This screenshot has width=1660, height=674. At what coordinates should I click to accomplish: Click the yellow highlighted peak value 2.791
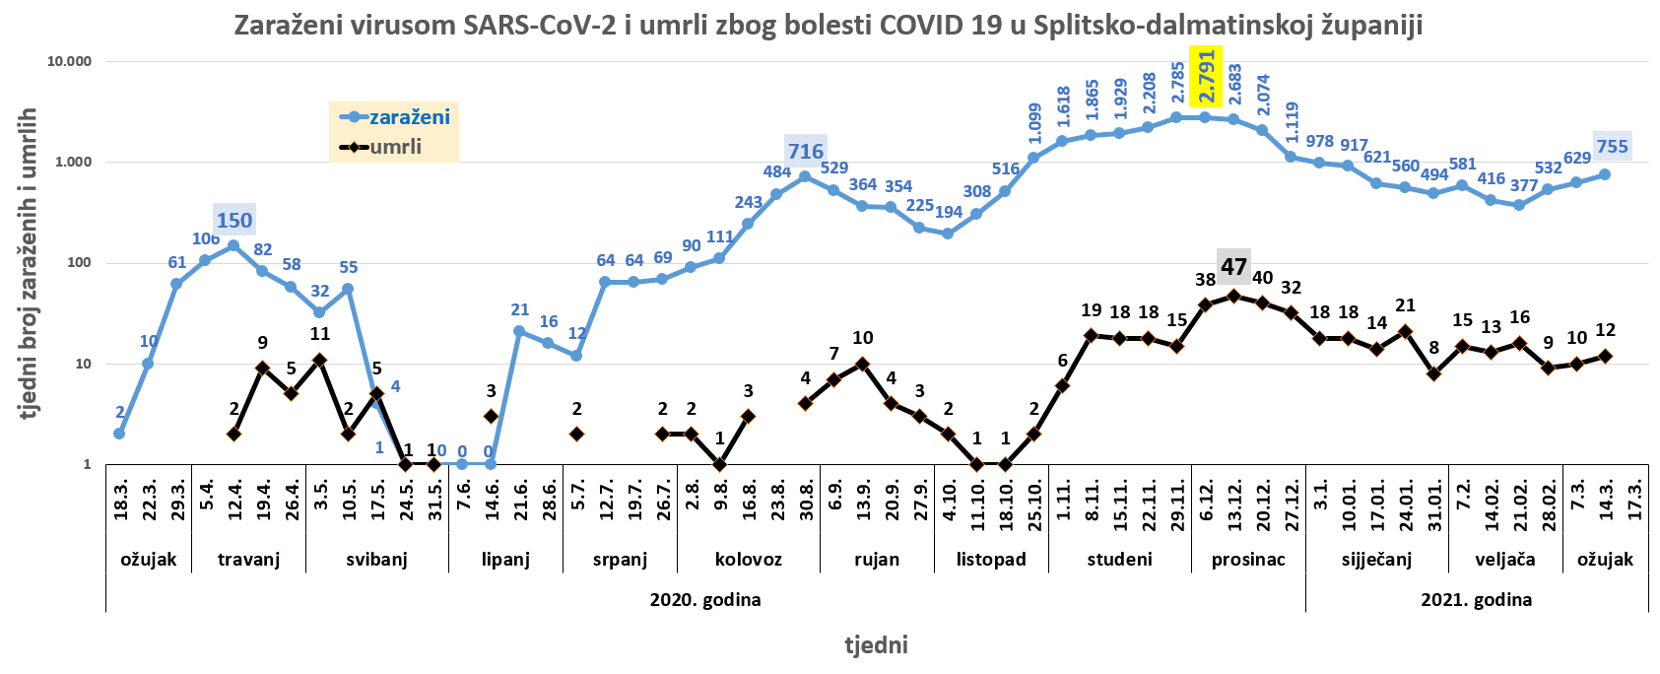[1206, 76]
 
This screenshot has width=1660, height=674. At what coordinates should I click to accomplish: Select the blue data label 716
[805, 151]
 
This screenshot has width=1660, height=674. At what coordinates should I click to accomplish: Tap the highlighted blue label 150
[234, 220]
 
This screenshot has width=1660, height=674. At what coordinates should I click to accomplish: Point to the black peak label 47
[1233, 266]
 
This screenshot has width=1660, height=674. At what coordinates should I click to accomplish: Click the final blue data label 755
[1612, 147]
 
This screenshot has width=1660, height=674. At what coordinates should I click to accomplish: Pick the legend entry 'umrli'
[395, 147]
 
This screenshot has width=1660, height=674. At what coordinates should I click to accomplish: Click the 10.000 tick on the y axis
[69, 61]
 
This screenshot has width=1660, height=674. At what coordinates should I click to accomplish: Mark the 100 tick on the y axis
[78, 263]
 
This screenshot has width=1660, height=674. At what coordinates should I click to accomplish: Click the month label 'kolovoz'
[748, 559]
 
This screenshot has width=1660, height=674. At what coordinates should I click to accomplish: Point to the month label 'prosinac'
[1248, 559]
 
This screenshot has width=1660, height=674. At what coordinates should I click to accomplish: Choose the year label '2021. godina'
[1476, 599]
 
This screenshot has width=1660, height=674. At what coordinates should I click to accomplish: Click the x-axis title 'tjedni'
[876, 644]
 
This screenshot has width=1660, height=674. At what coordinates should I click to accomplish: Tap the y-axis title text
[29, 263]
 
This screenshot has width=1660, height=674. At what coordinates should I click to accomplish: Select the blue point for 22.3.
[148, 364]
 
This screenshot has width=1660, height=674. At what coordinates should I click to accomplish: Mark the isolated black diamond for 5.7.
[577, 434]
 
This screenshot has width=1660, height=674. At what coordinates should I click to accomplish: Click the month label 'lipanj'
[505, 559]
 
